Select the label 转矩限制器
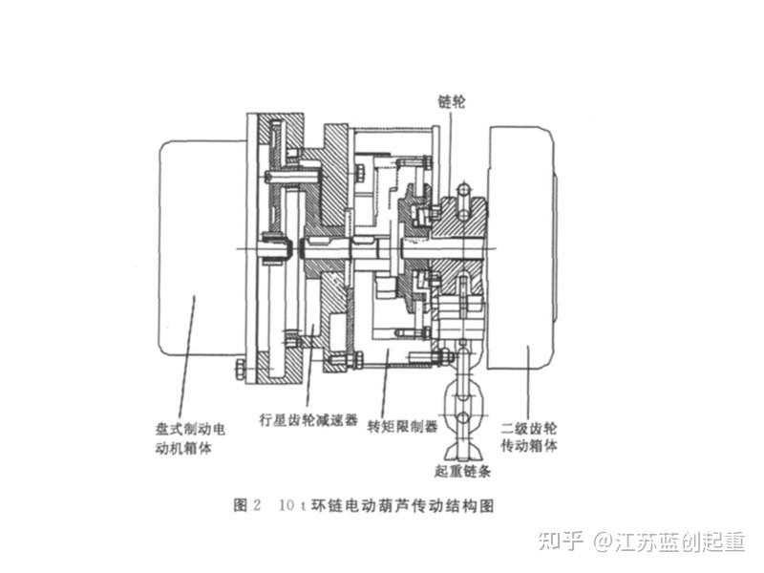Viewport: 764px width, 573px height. pyautogui.click(x=401, y=425)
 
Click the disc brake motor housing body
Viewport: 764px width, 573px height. pyautogui.click(x=201, y=248)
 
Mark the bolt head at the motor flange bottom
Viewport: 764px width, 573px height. pyautogui.click(x=239, y=367)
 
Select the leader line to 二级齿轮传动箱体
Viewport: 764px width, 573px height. pyautogui.click(x=528, y=382)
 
